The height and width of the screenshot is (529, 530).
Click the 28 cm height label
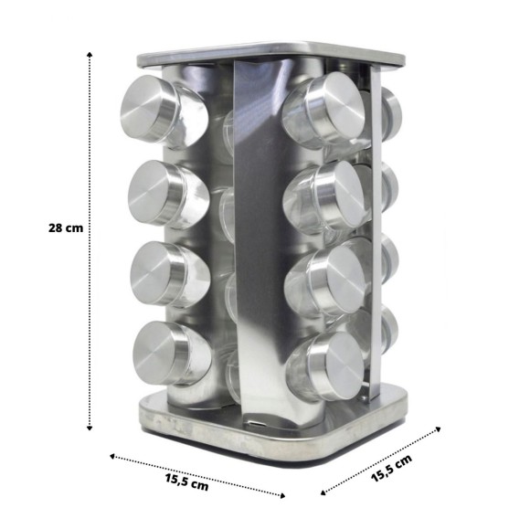pyautogui.click(x=66, y=227)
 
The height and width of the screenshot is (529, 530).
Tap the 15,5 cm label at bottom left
pyautogui.click(x=187, y=482)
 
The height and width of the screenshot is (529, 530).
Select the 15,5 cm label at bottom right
pyautogui.click(x=391, y=468)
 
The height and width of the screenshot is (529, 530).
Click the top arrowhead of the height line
pyautogui.click(x=90, y=55)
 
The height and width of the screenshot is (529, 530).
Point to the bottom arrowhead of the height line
pyautogui.click(x=90, y=428)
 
